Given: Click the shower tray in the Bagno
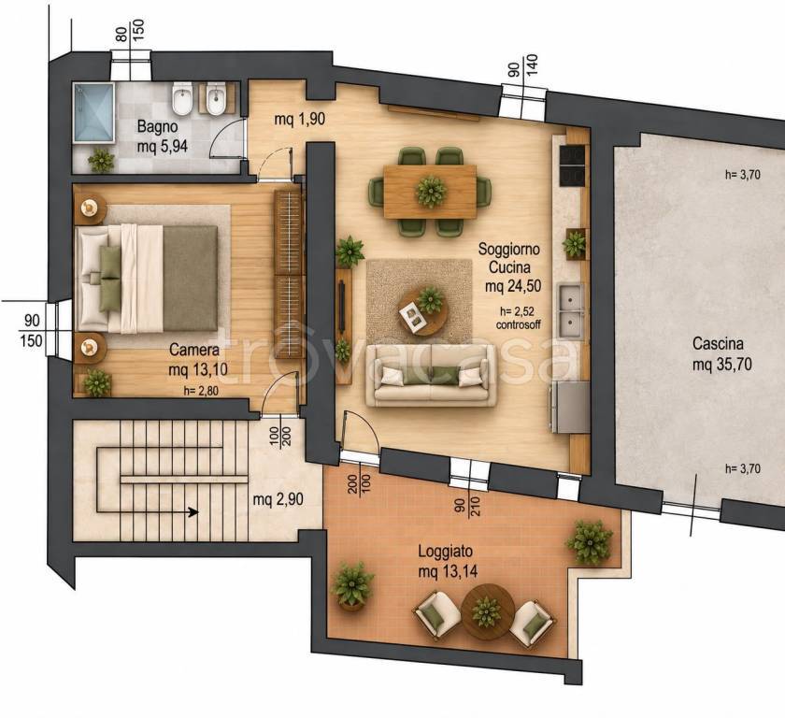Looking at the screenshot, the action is point(94,113).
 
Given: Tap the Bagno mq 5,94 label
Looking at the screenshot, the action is point(163,136).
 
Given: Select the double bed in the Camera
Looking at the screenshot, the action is point(146,279).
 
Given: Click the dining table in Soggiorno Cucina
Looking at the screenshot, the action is point(430,192).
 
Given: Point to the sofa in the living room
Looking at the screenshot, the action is point(430,376).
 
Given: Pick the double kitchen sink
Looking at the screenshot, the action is point(570,311).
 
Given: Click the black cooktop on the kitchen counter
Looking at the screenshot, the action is point(572,165).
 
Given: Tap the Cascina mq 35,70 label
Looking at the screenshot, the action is point(721,354).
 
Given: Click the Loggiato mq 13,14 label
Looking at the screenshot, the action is point(448,561).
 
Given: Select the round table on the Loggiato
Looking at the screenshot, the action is point(487,611).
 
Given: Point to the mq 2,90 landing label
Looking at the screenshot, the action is point(278,499).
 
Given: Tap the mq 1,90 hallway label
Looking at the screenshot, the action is point(299,119).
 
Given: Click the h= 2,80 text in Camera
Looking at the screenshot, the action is point(201,391).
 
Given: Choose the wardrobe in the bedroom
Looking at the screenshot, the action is point(289,274).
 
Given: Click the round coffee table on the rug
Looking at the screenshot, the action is point(423,312).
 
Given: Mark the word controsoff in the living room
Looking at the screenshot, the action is point(518,324).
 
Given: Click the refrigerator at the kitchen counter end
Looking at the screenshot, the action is point(570,407).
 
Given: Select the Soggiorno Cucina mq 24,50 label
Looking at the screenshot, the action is point(508,267).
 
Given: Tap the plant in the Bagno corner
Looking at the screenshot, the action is point(101,160).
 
